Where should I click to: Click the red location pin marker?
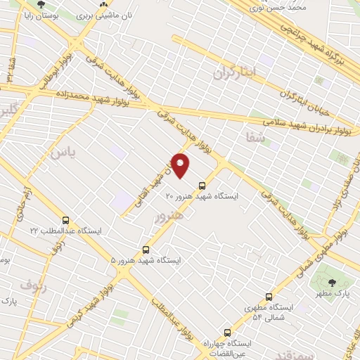tap(181, 165)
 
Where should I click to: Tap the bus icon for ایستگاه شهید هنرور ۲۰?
tap(202, 186)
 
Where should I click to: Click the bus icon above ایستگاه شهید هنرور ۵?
tap(146, 249)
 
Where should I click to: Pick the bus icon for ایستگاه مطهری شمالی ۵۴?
tap(269, 297)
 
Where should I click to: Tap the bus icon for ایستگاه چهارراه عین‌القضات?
tap(226, 333)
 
